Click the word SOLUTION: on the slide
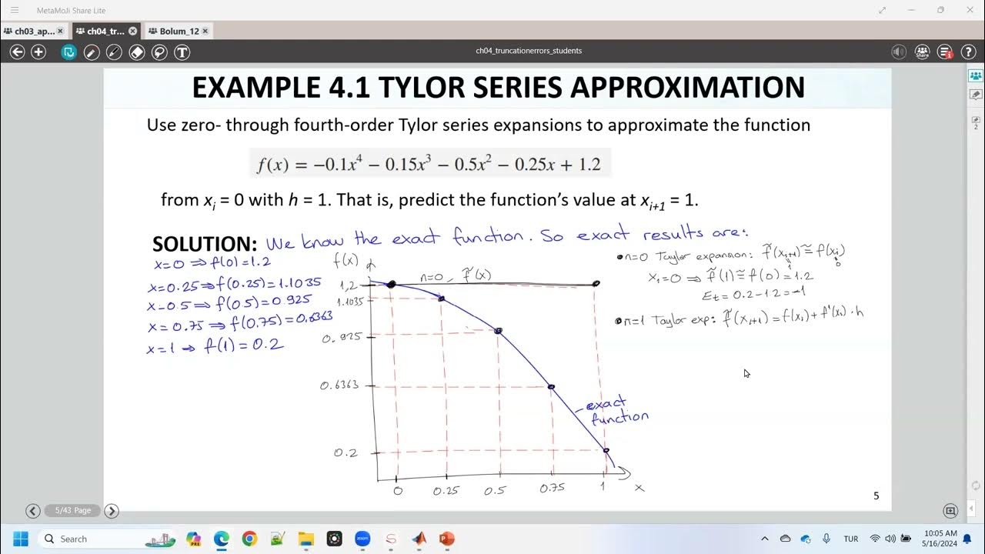click(x=204, y=244)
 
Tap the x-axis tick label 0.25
click(x=446, y=491)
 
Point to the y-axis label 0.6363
click(x=339, y=385)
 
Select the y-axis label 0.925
click(x=342, y=338)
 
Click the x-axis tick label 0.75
click(x=552, y=488)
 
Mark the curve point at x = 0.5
click(x=499, y=331)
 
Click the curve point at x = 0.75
click(x=551, y=386)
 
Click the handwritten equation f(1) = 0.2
click(x=244, y=345)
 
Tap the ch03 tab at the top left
click(x=34, y=32)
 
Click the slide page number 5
click(x=876, y=496)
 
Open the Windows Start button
click(x=20, y=539)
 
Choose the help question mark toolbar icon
click(x=969, y=52)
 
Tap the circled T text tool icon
click(x=182, y=52)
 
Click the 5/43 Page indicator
click(x=72, y=510)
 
